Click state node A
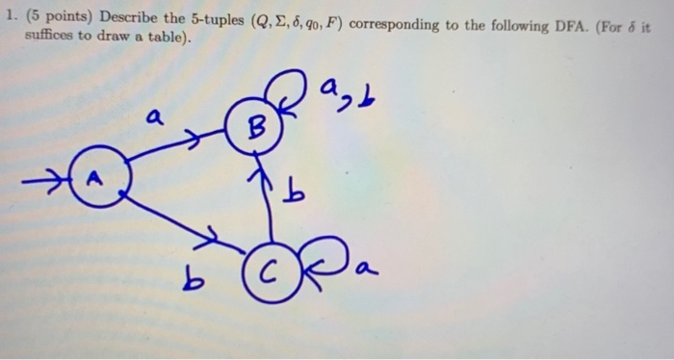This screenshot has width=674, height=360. point(94,177)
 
